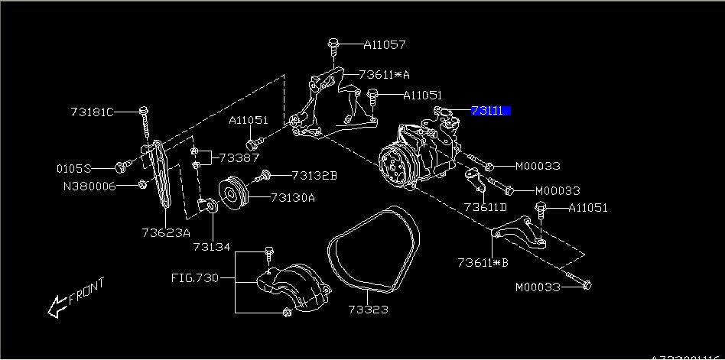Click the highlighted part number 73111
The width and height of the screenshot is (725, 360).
488,111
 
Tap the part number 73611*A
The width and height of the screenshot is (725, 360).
385,75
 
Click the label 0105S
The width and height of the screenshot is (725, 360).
74,167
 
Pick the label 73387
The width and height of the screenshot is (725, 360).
239,157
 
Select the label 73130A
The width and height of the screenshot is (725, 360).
292,197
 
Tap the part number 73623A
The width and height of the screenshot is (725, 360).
165,232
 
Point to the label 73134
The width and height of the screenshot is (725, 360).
212,247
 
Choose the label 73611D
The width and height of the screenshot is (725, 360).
485,206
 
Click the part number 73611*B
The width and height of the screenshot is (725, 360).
483,262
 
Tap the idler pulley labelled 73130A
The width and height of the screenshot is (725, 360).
230,192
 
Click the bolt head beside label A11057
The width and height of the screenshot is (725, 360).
334,44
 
